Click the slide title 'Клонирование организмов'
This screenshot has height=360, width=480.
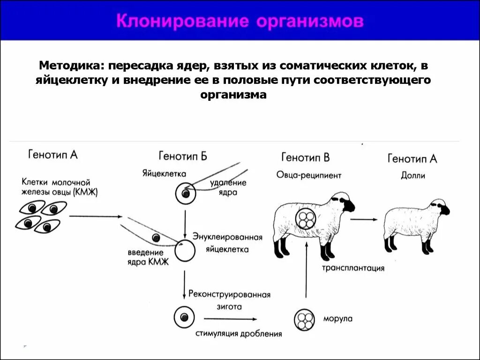[x=240, y=21]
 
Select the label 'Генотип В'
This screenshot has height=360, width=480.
[x=305, y=157]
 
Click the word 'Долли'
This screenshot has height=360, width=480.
[x=412, y=176]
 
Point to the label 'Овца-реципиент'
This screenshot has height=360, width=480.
[x=308, y=175]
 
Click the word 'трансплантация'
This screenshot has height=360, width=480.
[x=353, y=268]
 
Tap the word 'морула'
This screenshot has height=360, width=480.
[x=337, y=319]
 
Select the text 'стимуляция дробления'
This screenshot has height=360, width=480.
[x=239, y=334]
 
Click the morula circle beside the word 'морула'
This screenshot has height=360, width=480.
[x=304, y=320]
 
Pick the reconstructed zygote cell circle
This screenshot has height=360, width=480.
[x=184, y=317]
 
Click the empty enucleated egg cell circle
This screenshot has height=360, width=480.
[x=185, y=250]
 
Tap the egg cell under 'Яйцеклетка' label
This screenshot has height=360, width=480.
[x=186, y=193]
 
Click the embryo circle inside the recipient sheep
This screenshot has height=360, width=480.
[x=307, y=218]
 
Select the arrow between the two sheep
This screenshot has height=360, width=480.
[x=363, y=219]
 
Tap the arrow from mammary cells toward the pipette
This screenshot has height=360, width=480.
[x=95, y=217]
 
